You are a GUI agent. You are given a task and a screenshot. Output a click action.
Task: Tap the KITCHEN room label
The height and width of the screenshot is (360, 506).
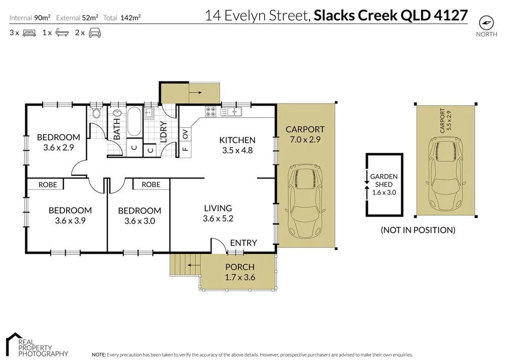click(x=237, y=140)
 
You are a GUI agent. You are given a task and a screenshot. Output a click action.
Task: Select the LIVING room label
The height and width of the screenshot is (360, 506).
click(x=218, y=208)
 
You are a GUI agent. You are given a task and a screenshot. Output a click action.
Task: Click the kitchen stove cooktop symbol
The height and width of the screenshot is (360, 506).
click(x=211, y=111)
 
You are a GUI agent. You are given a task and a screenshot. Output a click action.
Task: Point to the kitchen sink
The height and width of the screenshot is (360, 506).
click(x=233, y=111)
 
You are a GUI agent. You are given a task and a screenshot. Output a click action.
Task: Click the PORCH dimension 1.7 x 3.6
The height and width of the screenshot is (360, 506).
click(x=239, y=277)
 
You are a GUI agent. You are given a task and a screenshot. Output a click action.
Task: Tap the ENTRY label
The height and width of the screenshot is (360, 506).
click(x=243, y=243)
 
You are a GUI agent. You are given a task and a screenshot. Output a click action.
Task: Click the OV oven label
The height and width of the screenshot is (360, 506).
click(x=185, y=134)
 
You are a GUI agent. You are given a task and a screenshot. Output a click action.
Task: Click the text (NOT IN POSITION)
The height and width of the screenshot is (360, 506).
click(x=418, y=230)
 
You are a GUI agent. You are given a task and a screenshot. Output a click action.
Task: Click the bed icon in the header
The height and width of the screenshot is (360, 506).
click(x=28, y=33)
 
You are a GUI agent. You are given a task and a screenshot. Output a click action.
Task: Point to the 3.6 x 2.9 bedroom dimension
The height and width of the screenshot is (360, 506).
click(x=59, y=148)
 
